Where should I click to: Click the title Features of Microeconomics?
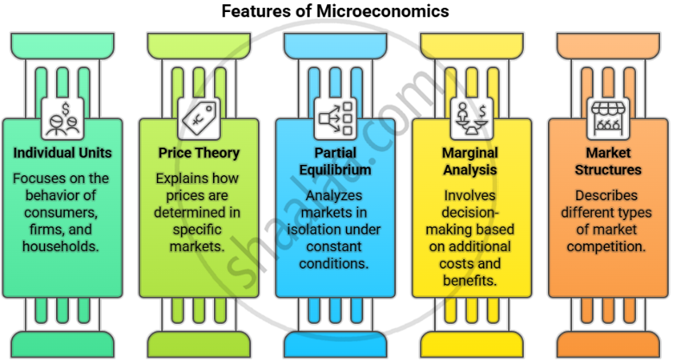pyautogui.click(x=336, y=11)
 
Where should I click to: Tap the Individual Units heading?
pyautogui.click(x=61, y=153)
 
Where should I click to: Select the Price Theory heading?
pyautogui.click(x=198, y=153)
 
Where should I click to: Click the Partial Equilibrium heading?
pyautogui.click(x=335, y=161)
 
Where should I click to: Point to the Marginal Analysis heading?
pyautogui.click(x=471, y=161)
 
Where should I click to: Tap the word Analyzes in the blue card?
pyautogui.click(x=335, y=196)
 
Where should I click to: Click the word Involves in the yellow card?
pyautogui.click(x=471, y=196)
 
